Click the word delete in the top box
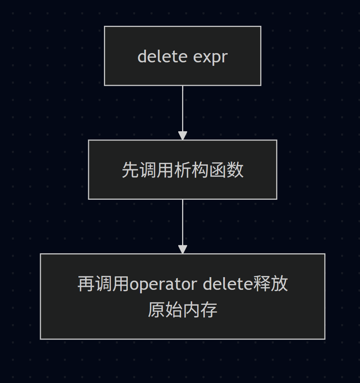(162, 57)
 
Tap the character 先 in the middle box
(130, 170)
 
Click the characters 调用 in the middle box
(156, 170)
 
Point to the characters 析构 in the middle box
(191, 170)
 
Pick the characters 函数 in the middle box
(226, 170)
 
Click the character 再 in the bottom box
(86, 284)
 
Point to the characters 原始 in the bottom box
(165, 310)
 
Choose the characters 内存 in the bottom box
(200, 310)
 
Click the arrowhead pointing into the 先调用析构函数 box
(183, 135)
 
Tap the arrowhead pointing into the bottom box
(183, 249)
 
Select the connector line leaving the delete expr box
(183, 108)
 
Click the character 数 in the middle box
(235, 170)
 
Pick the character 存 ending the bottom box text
(209, 310)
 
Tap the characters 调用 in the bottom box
(112, 284)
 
